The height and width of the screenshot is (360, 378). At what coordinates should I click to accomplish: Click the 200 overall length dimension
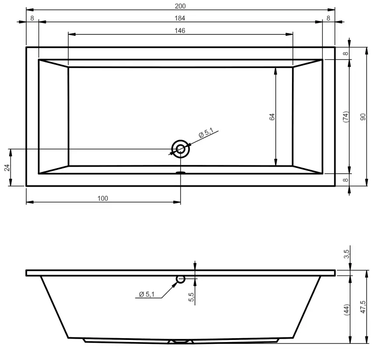(180, 6)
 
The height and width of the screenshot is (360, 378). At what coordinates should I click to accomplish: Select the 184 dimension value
(180, 18)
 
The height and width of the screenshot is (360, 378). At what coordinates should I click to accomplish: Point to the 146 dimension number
(180, 30)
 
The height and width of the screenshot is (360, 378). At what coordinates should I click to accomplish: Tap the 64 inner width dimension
(272, 117)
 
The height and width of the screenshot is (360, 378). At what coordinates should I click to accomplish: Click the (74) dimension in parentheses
(345, 117)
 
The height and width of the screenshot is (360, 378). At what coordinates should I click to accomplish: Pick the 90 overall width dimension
(362, 117)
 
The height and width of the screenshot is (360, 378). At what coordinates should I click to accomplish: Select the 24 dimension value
(7, 168)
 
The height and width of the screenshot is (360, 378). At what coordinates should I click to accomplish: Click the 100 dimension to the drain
(103, 199)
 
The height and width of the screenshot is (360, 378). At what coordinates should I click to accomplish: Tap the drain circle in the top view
(180, 149)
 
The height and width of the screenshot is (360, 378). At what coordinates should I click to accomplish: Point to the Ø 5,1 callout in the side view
(147, 295)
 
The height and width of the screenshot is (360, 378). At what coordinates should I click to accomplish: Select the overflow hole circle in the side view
(180, 279)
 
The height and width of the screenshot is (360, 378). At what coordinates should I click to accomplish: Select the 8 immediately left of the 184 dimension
(33, 18)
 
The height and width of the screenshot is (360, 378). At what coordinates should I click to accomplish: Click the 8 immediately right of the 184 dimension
(328, 18)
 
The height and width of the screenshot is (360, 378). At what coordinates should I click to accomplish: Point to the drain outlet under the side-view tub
(180, 342)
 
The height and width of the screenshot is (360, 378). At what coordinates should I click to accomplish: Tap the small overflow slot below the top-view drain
(180, 173)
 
